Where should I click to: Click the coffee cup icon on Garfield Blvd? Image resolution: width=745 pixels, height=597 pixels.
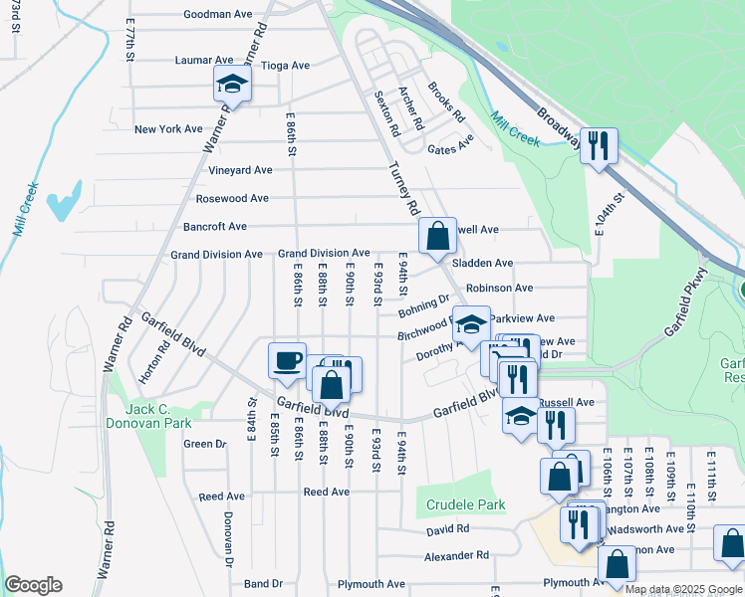tap(288, 360)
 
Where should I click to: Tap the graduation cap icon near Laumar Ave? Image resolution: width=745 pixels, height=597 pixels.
tap(232, 85)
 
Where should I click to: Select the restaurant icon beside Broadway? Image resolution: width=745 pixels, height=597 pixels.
tap(599, 145)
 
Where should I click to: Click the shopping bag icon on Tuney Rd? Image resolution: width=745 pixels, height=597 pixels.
tap(437, 236)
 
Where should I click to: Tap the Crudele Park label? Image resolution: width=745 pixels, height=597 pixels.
tap(466, 505)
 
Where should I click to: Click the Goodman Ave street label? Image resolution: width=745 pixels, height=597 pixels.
tap(218, 15)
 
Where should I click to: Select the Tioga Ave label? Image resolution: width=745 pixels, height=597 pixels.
tap(285, 66)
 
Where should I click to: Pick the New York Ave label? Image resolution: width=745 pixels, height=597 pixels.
tap(168, 129)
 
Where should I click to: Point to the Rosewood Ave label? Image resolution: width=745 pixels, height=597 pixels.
tap(232, 198)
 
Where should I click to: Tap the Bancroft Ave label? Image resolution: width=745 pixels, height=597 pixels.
tap(215, 227)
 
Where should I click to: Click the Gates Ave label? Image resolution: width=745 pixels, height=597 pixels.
tap(450, 149)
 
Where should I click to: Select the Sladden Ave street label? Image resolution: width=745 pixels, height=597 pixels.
tap(482, 264)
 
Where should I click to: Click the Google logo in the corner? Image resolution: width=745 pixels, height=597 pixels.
tap(33, 585)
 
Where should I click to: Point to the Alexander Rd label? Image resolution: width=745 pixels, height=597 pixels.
tap(456, 555)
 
